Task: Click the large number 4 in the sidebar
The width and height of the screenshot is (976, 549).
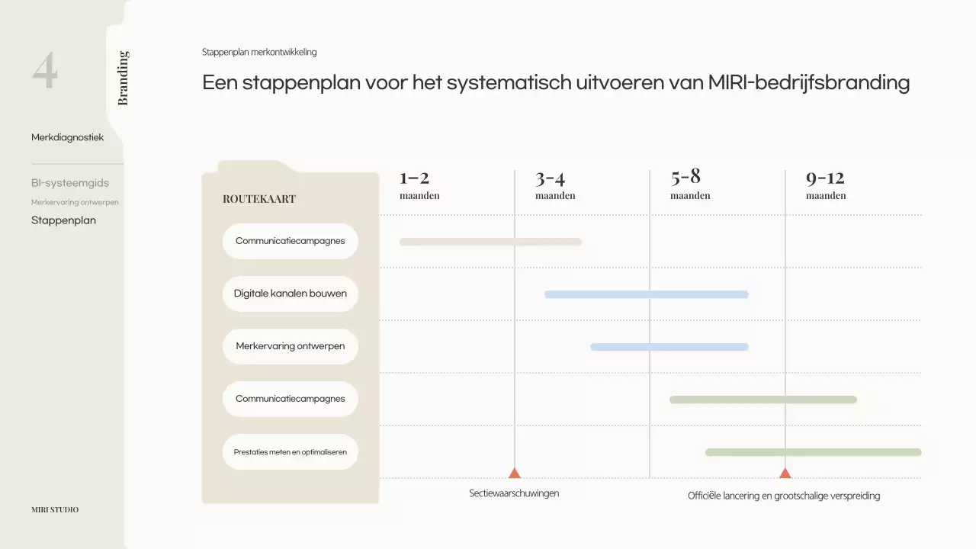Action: [45, 72]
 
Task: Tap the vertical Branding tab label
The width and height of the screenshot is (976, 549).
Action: [123, 78]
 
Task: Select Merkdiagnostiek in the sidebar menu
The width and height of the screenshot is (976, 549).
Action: [67, 137]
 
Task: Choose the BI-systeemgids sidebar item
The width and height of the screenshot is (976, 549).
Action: [70, 183]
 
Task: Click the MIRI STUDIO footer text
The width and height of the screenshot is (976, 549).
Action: [55, 509]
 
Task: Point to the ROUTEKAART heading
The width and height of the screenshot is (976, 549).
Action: [259, 199]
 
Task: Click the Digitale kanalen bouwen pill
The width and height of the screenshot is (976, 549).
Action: [291, 294]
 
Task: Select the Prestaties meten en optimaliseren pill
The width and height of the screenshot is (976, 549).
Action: [291, 452]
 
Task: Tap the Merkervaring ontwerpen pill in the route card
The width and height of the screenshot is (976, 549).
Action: [291, 346]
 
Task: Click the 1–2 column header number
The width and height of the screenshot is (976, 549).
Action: [414, 178]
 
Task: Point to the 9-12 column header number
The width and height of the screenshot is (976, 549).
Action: [825, 178]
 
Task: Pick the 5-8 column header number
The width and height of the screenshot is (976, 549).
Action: [685, 177]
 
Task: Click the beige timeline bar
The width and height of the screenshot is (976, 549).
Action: [490, 242]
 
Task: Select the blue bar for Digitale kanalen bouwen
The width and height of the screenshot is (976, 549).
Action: [646, 294]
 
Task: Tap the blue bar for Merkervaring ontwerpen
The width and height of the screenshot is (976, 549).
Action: [669, 347]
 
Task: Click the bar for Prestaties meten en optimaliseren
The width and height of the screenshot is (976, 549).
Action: [813, 452]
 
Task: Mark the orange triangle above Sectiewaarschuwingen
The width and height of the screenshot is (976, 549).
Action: [515, 474]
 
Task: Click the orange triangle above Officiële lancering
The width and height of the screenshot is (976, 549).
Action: [785, 474]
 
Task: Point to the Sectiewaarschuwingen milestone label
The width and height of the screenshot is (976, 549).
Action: [514, 493]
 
